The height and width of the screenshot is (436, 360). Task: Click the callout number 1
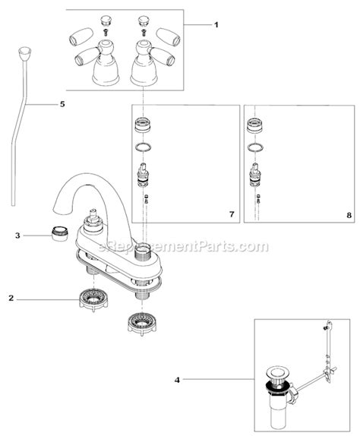216,25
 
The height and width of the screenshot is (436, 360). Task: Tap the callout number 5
62,104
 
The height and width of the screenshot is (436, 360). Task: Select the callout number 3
17,235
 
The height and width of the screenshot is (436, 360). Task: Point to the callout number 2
11,299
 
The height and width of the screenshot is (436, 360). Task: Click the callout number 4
177,380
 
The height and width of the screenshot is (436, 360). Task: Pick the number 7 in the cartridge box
232,215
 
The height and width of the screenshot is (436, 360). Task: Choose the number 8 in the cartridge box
349,215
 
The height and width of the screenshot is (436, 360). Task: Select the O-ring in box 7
144,147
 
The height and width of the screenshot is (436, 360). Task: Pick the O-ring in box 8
255,147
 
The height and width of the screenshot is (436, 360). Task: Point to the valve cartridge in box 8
256,175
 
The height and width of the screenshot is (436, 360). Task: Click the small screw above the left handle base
106,33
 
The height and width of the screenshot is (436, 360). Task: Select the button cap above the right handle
144,21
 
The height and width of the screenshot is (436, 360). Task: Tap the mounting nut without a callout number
142,324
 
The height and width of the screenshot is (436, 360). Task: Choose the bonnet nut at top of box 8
255,125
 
